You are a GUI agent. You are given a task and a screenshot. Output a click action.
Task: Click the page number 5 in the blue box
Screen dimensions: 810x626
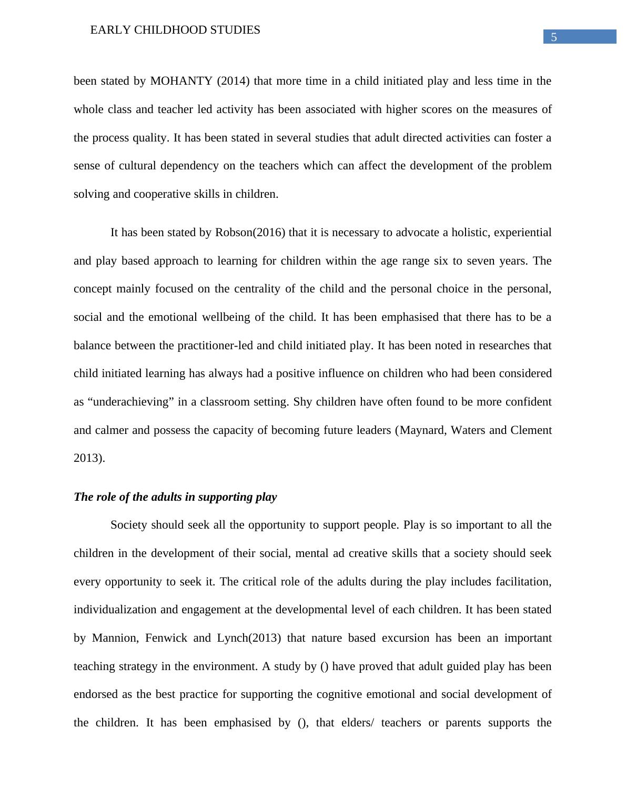pos(553,37)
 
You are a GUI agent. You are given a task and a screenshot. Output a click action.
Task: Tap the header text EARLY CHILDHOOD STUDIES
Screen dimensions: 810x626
pos(175,30)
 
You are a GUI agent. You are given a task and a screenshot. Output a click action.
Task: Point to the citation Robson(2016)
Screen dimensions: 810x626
pos(250,232)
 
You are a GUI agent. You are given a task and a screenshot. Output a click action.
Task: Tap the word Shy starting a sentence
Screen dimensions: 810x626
pos(302,402)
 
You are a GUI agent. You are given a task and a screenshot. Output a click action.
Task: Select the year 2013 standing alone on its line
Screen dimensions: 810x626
pos(89,458)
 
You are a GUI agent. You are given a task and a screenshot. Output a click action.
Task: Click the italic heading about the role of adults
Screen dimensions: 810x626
pos(175,497)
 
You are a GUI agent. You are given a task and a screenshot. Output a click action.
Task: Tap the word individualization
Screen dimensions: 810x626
pos(115,610)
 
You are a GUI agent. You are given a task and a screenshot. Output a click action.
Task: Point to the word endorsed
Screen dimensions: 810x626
pos(95,694)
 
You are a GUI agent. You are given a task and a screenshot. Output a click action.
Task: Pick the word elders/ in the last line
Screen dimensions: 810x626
pos(357,723)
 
